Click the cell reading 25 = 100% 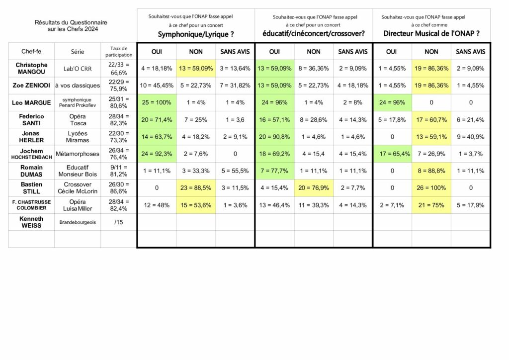click(x=157, y=103)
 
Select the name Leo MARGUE click(x=31, y=103)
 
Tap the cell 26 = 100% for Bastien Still click(x=431, y=188)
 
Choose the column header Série click(x=78, y=51)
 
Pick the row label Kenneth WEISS click(x=31, y=222)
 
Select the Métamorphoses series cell click(x=78, y=154)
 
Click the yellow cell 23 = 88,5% click(x=196, y=188)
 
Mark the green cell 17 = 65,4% click(x=392, y=154)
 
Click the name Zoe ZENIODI click(x=31, y=86)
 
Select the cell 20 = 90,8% click(x=274, y=137)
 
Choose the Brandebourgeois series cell click(x=78, y=222)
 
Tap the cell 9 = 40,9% click(x=470, y=137)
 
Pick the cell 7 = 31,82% click(x=235, y=86)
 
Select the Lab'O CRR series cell click(x=78, y=69)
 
